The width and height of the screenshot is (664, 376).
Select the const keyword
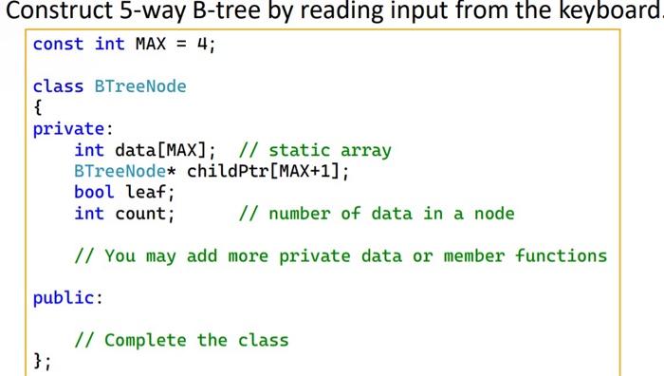[x=58, y=45]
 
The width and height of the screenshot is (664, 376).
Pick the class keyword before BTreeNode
[x=58, y=86]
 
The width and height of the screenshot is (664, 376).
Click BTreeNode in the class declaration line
[x=139, y=86]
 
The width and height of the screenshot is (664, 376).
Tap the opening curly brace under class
[x=38, y=107]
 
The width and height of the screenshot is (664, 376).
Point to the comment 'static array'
[x=329, y=150]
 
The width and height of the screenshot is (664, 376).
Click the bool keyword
[x=94, y=193]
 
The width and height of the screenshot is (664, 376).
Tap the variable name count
[x=144, y=214]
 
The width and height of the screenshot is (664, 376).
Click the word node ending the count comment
[x=493, y=214]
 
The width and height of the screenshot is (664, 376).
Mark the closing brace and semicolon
[x=42, y=361]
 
